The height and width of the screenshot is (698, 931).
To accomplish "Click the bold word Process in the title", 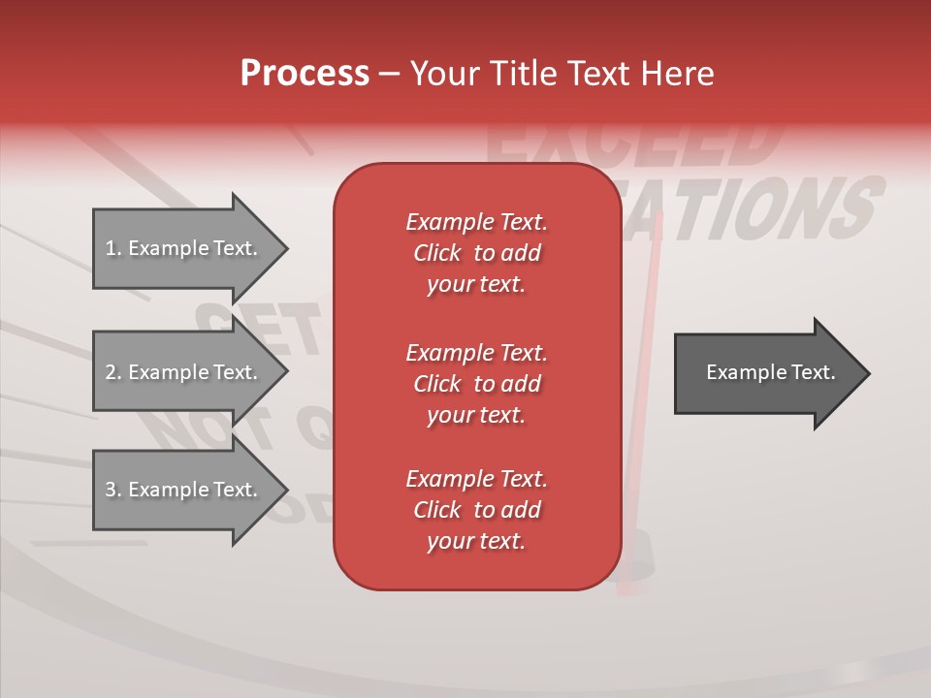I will (305, 74).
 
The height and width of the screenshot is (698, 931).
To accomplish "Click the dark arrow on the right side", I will (766, 373).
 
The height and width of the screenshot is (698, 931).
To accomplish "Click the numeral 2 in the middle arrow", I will (111, 372).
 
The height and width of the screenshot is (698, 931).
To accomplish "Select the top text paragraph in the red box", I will (476, 253).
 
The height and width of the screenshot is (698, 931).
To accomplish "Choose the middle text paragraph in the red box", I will (476, 383).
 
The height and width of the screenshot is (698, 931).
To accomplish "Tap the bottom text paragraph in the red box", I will (476, 510).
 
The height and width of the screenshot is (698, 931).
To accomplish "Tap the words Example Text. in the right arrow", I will (770, 372).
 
